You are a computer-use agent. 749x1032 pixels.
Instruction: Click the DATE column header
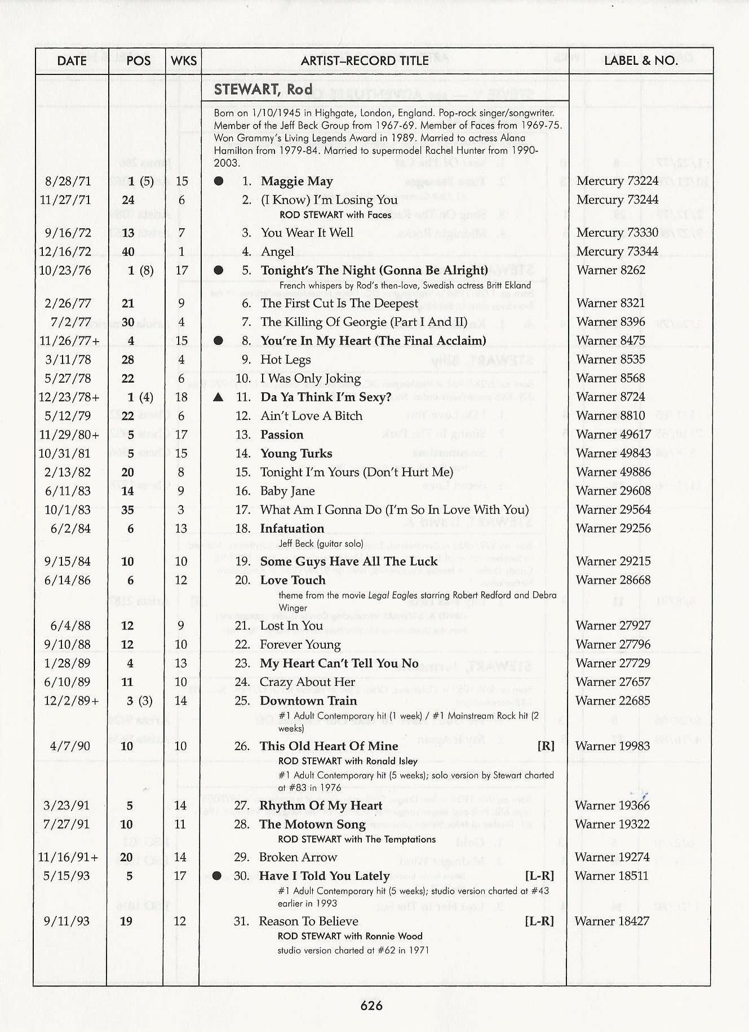[x=72, y=61]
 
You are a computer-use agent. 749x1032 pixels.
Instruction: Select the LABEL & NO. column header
[x=640, y=61]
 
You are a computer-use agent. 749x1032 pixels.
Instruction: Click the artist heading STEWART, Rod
[x=263, y=90]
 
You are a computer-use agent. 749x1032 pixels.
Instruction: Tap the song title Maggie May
[x=296, y=181]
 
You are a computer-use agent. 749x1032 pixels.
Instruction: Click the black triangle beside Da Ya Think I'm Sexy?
[x=219, y=397]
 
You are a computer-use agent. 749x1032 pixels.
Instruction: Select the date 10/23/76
[x=65, y=271]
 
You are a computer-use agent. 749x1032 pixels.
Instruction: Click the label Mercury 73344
[x=617, y=251]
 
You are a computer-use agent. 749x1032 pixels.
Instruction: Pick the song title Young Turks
[x=296, y=454]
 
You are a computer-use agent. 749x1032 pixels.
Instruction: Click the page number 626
[x=371, y=1006]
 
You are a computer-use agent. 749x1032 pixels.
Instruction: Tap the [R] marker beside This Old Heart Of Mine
[x=546, y=746]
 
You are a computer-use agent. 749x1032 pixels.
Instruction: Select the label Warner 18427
[x=611, y=921]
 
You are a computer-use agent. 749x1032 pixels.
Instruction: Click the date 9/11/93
[x=67, y=921]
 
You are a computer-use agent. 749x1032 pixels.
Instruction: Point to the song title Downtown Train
[x=308, y=701]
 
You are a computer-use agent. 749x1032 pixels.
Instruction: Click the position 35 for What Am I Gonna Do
[x=128, y=510]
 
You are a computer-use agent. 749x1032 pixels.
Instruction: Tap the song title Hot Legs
[x=285, y=360]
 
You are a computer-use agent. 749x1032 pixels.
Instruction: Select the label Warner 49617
[x=613, y=435]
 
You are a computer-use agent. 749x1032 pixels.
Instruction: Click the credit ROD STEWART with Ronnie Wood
[x=349, y=936]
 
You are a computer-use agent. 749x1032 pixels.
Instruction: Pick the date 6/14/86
[x=67, y=581]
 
